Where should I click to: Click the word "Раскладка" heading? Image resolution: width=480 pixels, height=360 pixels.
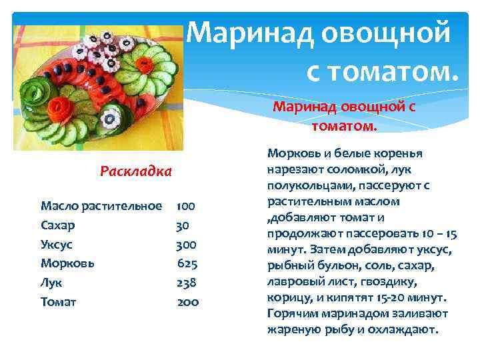click(135, 171)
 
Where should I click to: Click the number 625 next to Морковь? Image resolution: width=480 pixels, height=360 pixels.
click(187, 263)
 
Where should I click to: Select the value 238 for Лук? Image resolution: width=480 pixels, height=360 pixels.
click(186, 283)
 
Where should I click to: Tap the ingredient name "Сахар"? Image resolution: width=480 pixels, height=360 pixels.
click(57, 225)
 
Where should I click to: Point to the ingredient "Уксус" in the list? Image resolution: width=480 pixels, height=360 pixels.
click(57, 244)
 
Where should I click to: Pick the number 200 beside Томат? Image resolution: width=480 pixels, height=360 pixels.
click(188, 302)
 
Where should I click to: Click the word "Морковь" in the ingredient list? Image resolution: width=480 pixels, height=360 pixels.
click(67, 263)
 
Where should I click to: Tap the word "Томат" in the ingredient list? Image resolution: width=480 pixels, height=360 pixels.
click(59, 302)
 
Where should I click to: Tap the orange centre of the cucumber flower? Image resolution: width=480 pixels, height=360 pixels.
click(147, 65)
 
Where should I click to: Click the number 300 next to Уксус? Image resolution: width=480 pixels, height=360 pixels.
click(186, 244)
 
